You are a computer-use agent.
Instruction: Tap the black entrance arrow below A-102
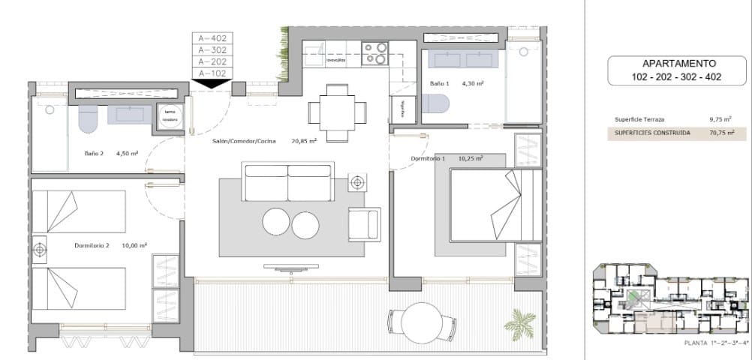point(212,83)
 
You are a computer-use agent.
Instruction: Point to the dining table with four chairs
point(338,112)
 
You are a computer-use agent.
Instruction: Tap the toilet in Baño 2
point(89,118)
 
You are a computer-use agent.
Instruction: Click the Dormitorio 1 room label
point(428,159)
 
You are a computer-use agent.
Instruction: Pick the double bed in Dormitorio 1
point(495,205)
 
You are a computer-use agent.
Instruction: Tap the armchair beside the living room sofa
point(364,224)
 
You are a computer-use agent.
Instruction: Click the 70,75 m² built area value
point(720,133)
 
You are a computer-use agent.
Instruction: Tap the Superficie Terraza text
point(639,119)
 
